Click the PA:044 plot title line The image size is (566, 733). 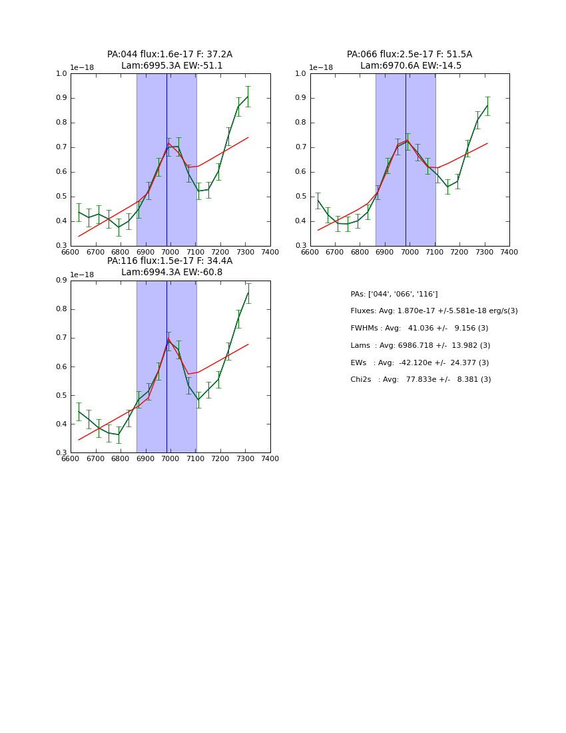170,55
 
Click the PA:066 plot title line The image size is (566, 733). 410,55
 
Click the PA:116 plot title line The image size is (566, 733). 170,261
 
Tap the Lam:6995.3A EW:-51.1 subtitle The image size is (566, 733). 172,66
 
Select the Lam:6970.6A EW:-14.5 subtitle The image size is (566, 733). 411,66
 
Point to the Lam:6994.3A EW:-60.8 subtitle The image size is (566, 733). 172,273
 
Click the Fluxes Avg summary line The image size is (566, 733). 433,311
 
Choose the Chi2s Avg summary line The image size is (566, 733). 420,380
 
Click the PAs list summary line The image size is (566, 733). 394,295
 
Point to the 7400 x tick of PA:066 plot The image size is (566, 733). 509,252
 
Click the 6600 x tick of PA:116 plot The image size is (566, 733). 71,458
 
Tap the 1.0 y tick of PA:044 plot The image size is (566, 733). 62,74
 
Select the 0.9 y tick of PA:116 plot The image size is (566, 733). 62,281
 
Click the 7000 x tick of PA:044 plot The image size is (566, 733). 170,252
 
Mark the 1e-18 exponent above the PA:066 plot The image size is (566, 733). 321,68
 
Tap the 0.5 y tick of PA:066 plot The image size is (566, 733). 302,197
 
